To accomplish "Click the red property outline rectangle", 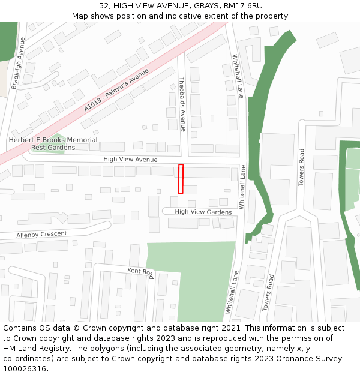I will (x=181, y=179).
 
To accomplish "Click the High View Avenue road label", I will (x=130, y=160).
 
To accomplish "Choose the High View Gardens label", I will (x=203, y=212).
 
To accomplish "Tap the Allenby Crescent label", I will (x=42, y=234).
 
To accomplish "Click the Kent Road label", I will (x=140, y=274).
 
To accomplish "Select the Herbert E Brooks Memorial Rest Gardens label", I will (x=53, y=143).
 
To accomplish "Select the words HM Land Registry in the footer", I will (x=34, y=349).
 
